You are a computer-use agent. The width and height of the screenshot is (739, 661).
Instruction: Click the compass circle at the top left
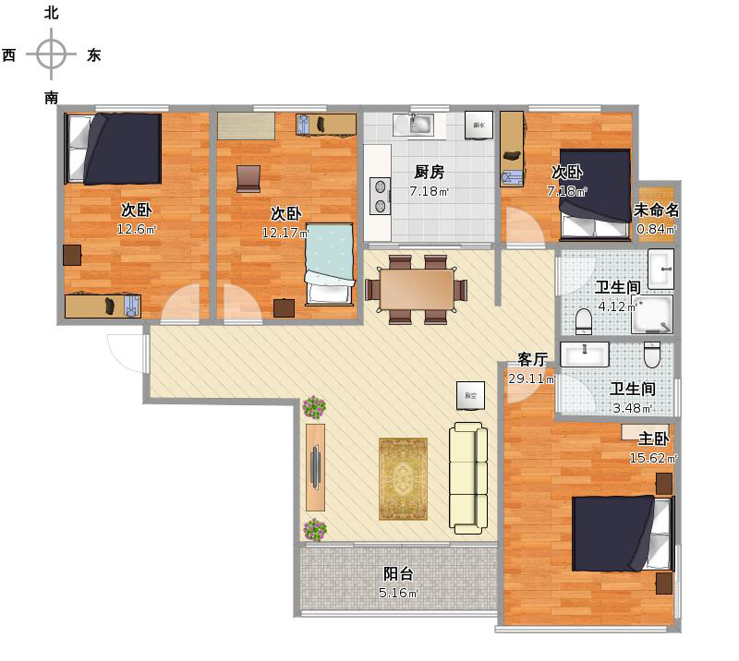click(x=52, y=54)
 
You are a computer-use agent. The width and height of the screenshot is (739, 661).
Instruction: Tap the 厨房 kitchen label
click(x=429, y=172)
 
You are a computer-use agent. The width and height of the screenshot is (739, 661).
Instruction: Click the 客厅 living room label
click(x=533, y=359)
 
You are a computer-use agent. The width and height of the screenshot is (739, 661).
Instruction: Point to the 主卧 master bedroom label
click(x=654, y=439)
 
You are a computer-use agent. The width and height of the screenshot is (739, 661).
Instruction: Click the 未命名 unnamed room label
click(x=657, y=210)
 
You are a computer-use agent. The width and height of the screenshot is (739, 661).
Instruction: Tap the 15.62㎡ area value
click(x=653, y=458)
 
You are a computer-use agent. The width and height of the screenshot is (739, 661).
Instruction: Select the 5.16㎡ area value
click(x=400, y=593)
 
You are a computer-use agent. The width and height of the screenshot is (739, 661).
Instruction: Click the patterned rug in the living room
click(x=403, y=478)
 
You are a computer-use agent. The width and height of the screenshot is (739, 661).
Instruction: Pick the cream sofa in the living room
click(x=467, y=478)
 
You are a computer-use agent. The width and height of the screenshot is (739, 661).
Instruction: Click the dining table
click(x=416, y=289)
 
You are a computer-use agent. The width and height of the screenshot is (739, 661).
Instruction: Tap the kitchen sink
click(x=414, y=124)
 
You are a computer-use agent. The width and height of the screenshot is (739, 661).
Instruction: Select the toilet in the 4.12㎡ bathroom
click(x=583, y=321)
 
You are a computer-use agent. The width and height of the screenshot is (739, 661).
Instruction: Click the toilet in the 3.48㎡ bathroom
click(x=652, y=355)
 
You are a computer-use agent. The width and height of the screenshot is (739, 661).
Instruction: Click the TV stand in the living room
click(x=315, y=466)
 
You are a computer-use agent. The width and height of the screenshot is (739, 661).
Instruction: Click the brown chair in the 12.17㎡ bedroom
click(x=248, y=177)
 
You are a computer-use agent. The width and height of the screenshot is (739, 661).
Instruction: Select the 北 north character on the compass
click(x=52, y=13)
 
